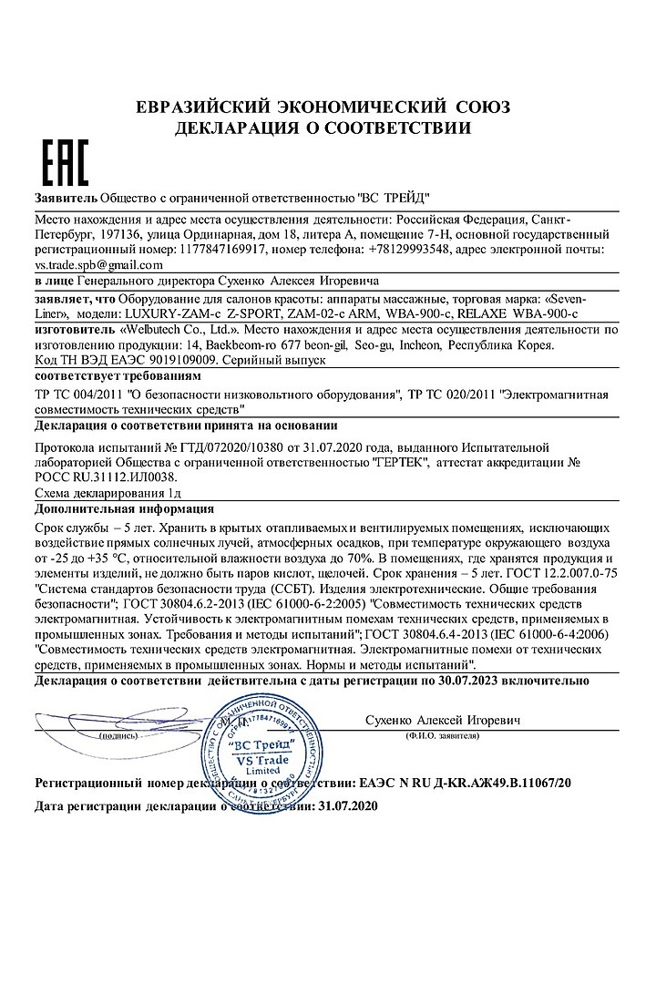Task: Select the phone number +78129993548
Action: pyautogui.click(x=402, y=249)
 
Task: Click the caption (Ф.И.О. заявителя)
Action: pyautogui.click(x=444, y=734)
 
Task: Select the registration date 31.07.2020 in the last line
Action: pyautogui.click(x=345, y=806)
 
